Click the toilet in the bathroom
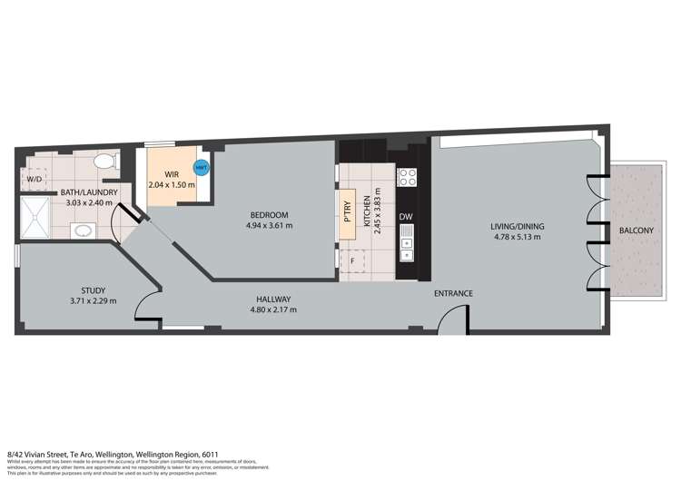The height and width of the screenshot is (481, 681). coord(104,163)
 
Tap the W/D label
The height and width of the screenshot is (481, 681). coord(34,180)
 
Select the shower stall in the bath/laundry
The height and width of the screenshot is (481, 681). coord(37,219)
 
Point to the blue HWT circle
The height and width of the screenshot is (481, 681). coord(201,167)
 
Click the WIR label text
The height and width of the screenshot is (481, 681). coord(171,174)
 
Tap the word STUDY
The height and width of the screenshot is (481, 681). coord(93,291)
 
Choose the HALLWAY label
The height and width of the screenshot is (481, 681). coord(273,299)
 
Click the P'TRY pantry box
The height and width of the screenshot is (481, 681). coord(347,217)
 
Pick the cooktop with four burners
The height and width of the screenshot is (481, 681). coord(408,177)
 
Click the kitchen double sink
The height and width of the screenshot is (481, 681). coord(407,244)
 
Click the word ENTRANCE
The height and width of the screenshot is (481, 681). coord(453,292)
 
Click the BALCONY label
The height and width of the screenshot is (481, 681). coord(636,231)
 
